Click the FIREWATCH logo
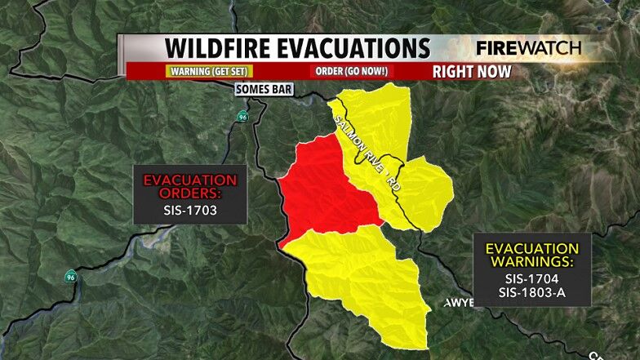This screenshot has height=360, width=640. point(528,47)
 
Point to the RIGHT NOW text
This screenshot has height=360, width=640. point(472,71)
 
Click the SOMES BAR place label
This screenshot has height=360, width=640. point(259,89)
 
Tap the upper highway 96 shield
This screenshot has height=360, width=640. point(242,117)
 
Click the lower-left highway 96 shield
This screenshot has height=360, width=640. point(72,277)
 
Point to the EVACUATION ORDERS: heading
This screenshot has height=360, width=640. point(190,186)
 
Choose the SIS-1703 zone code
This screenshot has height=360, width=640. point(190,209)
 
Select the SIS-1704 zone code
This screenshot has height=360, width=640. point(532,277)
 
